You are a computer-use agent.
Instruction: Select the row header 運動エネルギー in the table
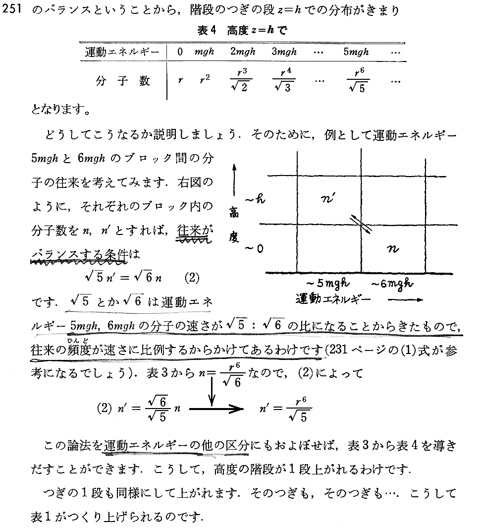121,52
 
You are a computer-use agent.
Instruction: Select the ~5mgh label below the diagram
328,284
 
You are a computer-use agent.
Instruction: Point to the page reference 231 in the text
339,350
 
